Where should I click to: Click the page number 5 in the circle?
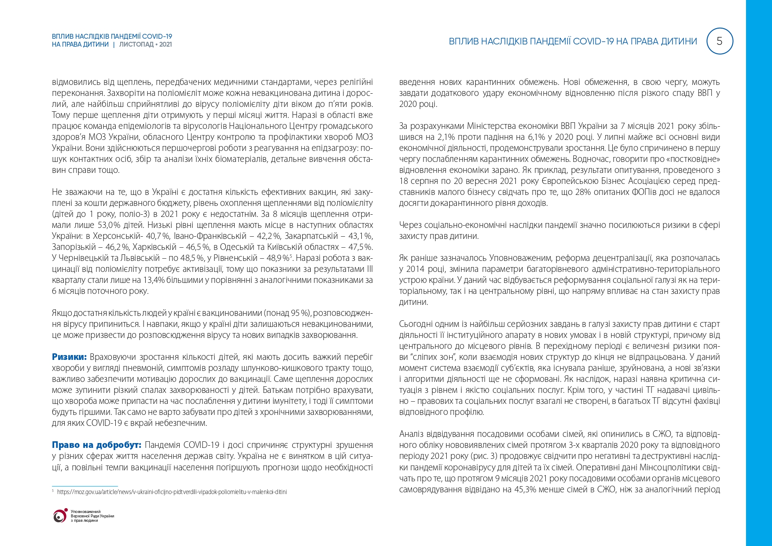tap(720, 41)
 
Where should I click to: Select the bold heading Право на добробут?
tap(96, 445)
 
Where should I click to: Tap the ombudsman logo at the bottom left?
tap(59, 516)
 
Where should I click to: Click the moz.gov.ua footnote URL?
tap(172, 492)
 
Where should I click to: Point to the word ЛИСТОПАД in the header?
tap(136, 44)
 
